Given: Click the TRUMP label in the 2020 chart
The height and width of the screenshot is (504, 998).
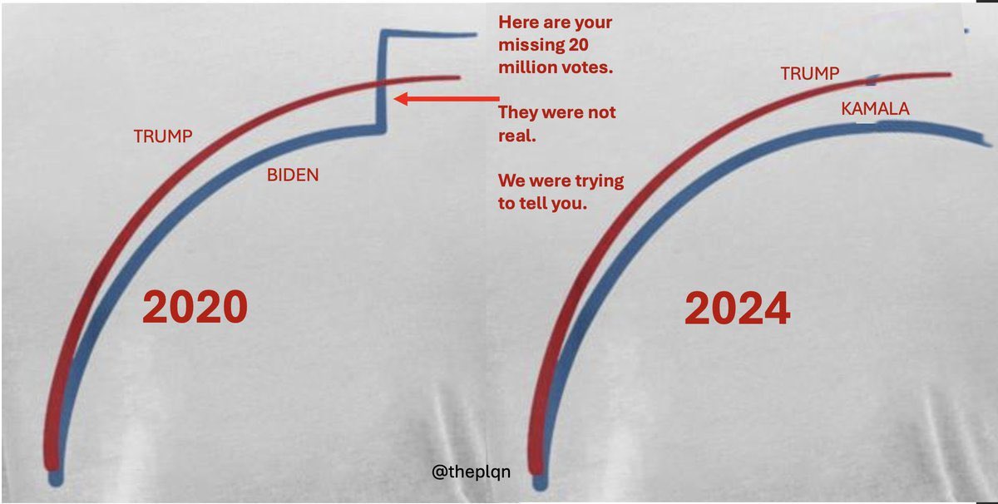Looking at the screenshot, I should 163,136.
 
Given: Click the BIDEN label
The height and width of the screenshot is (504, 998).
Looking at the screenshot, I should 292,175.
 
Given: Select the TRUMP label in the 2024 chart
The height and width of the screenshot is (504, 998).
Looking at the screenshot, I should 809,74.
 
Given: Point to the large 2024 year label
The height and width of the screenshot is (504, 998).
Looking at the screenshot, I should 737,310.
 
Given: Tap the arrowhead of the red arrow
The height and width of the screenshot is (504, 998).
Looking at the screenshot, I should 400,99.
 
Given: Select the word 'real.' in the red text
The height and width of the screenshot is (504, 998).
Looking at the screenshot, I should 516,135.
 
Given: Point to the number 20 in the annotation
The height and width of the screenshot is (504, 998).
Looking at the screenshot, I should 590,46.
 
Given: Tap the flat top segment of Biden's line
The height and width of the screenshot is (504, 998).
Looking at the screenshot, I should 428,35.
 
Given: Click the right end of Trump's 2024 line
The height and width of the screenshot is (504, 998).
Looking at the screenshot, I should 947,75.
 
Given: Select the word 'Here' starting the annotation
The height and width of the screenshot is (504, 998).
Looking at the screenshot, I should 516,23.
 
